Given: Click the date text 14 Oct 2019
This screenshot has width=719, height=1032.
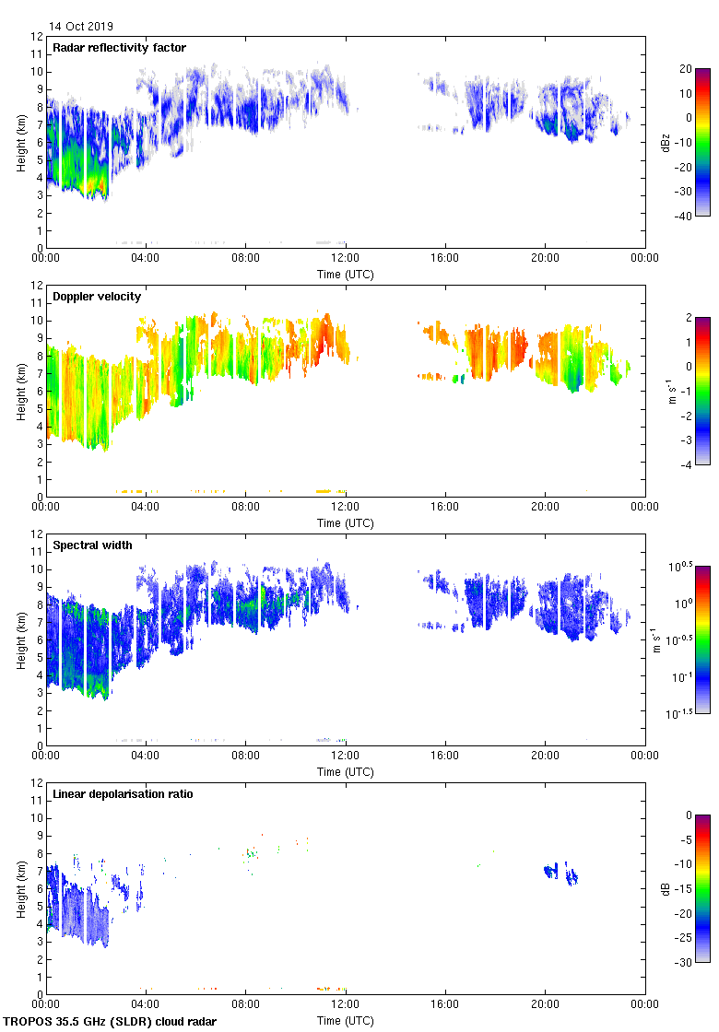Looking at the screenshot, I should click(x=81, y=27).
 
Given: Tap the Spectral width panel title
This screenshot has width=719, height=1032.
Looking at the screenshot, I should click(x=92, y=545).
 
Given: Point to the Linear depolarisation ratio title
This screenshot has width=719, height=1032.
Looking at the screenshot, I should click(x=123, y=794).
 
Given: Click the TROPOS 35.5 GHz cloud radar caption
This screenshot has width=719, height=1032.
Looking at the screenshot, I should click(x=111, y=1022).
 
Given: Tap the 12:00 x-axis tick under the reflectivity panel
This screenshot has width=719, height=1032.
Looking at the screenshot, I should click(x=346, y=259).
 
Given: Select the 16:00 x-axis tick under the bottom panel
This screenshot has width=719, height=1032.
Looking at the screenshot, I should click(x=445, y=1005).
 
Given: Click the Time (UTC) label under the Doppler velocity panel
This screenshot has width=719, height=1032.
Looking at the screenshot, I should click(x=346, y=522).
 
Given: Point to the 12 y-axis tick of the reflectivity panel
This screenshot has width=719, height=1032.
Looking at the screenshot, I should click(x=38, y=37).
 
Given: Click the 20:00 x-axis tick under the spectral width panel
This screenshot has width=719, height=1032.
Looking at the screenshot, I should click(x=545, y=756).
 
